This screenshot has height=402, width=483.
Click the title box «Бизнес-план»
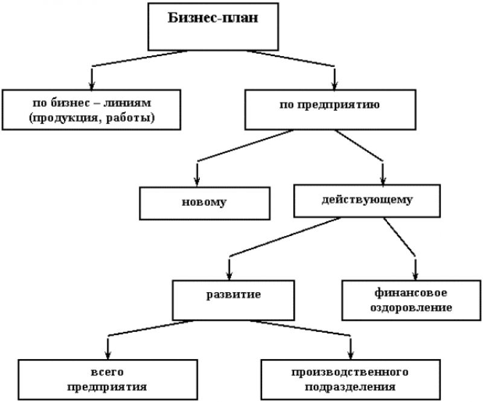213,27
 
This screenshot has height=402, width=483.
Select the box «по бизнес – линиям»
91,110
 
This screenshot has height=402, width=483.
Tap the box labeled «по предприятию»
330,110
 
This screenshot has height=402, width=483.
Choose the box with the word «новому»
205,203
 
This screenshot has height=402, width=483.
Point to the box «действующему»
367,201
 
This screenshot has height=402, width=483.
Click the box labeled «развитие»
233,301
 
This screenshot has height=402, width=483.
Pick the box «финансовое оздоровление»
411,301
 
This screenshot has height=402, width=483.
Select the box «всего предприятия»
107,380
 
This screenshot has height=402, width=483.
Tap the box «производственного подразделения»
351,380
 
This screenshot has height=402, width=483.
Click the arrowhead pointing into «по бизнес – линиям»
92,85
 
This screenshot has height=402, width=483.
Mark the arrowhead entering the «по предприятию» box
335,85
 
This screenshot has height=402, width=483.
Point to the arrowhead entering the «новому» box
197,182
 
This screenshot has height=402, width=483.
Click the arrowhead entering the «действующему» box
383,180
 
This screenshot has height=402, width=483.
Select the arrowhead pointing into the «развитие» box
229,276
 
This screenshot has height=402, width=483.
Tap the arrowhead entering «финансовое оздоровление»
415,276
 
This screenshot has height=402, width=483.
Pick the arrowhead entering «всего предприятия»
107,355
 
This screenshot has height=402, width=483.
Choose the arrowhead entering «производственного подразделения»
351,355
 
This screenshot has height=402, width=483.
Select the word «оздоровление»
411,308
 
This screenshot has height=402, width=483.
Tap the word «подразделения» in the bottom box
350,387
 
